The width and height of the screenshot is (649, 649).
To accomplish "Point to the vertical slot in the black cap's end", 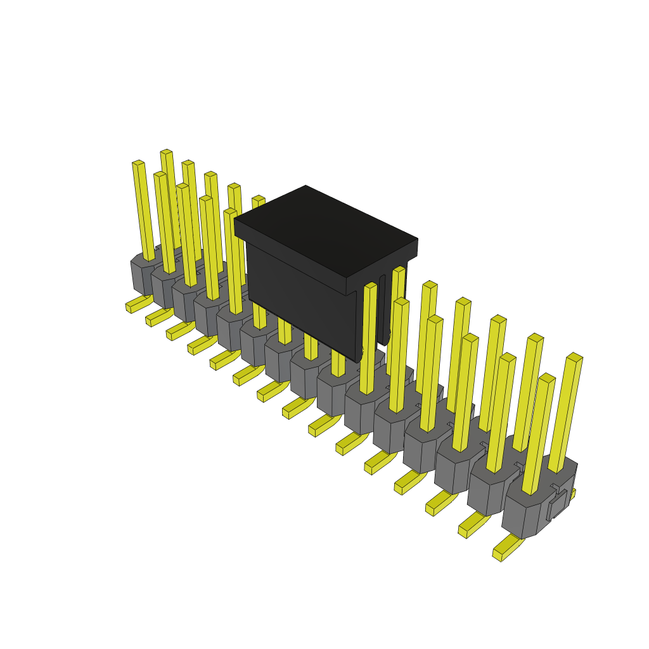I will point(382,311).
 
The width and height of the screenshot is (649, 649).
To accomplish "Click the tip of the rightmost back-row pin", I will point(574,357).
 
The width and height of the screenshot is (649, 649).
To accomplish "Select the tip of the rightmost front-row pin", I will point(547,378).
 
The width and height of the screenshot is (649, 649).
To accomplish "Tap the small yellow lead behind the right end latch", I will point(572,493).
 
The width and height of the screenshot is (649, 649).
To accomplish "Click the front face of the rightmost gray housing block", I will point(520,520).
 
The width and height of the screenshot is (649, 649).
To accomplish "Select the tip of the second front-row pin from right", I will point(508,357).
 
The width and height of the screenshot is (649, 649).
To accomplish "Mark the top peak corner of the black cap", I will point(305,186).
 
